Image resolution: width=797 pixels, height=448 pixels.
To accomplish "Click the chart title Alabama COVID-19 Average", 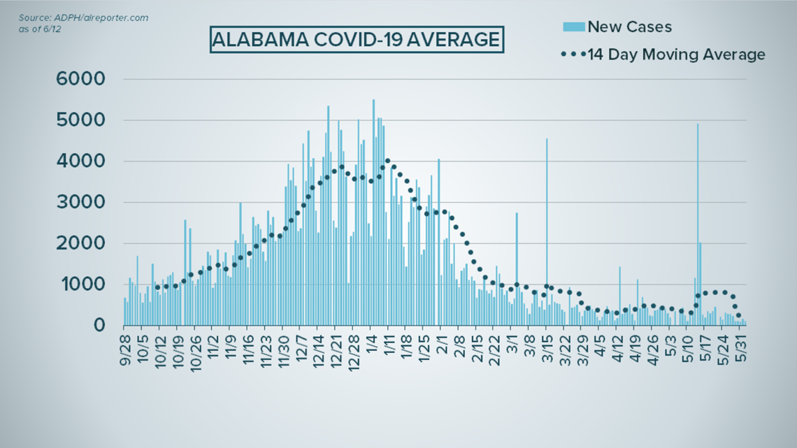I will (356, 40).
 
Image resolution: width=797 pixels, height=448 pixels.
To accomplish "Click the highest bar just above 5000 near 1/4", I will (373, 210).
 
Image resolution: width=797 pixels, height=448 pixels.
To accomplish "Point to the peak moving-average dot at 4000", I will (387, 161).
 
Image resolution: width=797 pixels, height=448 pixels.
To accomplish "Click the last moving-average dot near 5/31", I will (738, 315).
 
